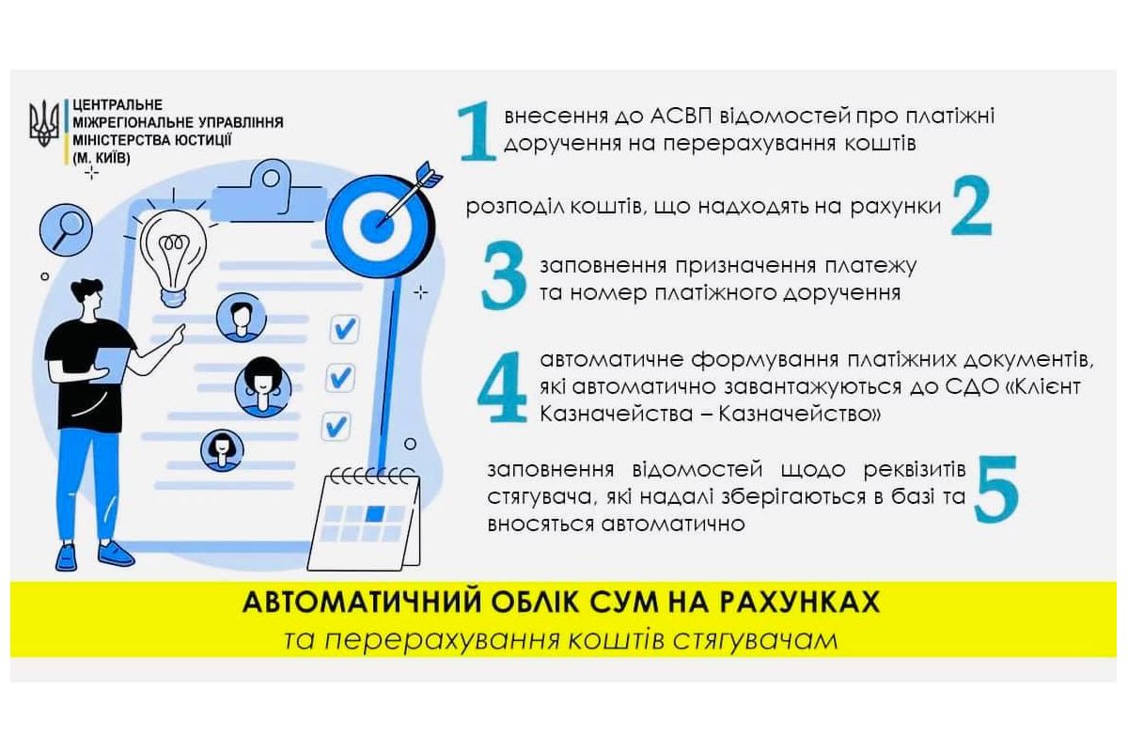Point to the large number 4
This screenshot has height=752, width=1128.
point(502,388)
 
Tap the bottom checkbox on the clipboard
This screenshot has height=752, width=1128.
point(336,428)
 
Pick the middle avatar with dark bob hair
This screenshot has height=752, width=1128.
point(262,384)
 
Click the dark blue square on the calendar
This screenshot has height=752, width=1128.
point(376,513)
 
